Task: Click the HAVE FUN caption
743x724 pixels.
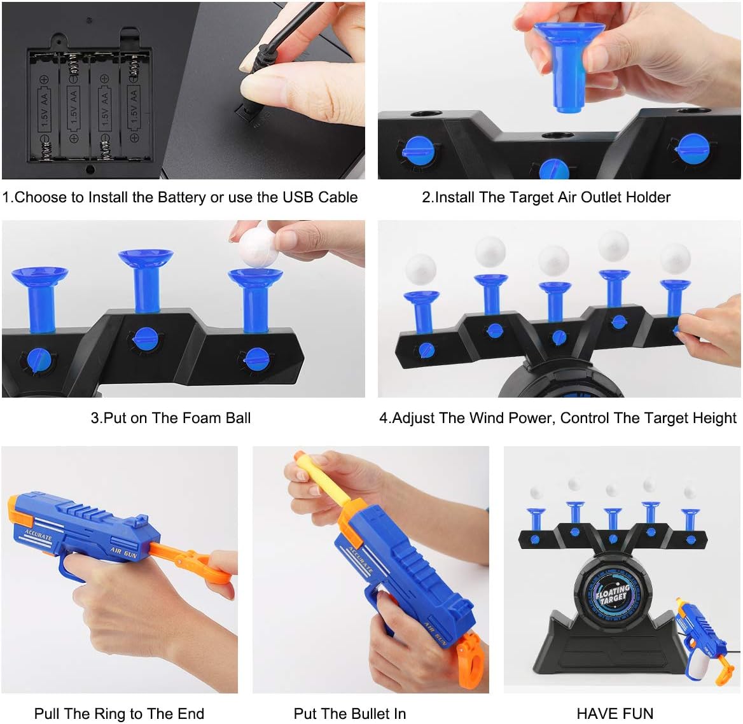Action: coord(615,714)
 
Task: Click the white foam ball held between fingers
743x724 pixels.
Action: coord(258,248)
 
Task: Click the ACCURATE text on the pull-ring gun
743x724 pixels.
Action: coord(38,536)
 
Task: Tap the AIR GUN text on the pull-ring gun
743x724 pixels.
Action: coord(123,552)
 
